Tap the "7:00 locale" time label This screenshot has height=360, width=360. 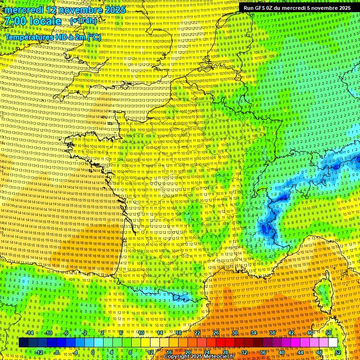pos(33,21)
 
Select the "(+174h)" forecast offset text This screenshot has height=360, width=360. pos(83,21)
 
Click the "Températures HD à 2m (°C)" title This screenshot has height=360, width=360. pos(52,37)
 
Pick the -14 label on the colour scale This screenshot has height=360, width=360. pos(30,333)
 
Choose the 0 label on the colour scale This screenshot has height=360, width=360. pos(92,352)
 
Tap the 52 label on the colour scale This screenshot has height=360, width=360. pos(338,352)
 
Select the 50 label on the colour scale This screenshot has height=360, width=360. pos(329,333)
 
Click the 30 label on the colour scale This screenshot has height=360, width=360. pos(235,333)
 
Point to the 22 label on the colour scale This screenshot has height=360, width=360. pos(197,333)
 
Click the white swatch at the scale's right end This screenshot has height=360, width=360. pos(333,343)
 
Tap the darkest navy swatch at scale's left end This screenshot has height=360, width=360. pos(23,343)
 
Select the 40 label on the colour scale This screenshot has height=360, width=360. pos(282,352)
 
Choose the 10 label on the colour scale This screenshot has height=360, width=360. pos(141,333)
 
